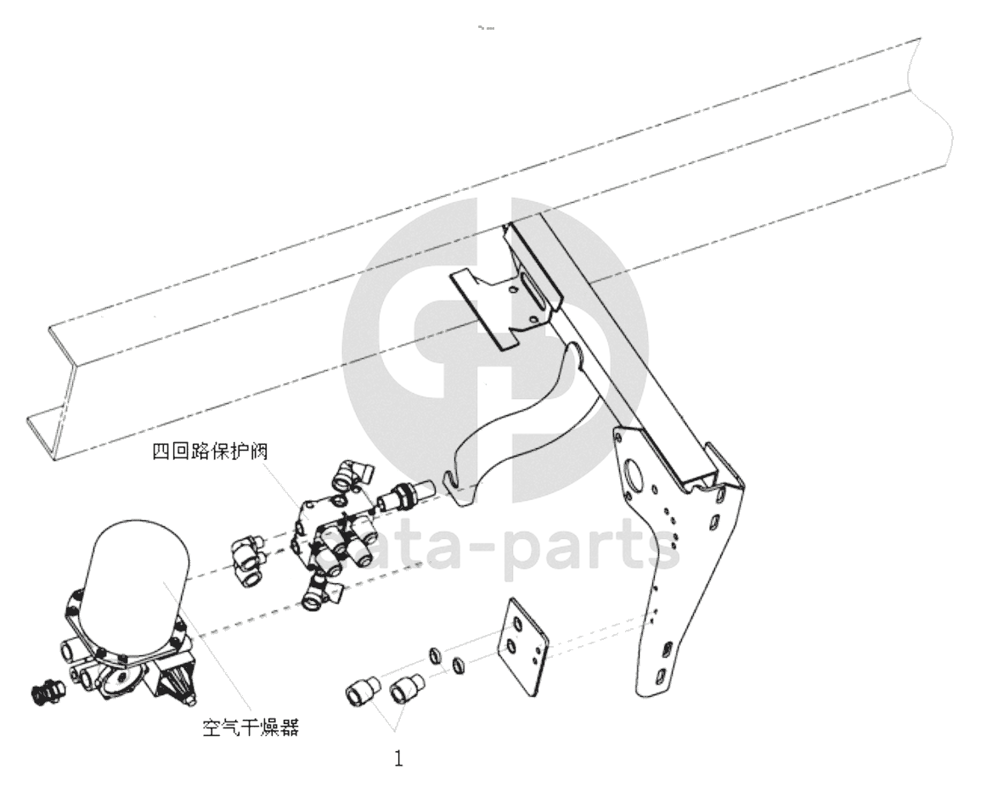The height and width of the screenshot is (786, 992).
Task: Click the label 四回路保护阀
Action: point(210,452)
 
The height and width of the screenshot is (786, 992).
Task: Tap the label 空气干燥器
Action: point(251,727)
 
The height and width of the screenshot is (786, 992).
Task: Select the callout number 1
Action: point(398,758)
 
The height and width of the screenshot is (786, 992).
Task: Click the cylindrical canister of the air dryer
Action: point(140,569)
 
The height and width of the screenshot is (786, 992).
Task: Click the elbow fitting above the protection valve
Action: point(352,474)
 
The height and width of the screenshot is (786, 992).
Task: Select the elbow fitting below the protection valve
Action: point(321,592)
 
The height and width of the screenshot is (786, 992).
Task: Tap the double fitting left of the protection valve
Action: point(249,558)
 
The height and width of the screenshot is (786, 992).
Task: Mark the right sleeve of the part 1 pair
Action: point(407,688)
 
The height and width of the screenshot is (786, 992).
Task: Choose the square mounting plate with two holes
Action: point(526,646)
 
